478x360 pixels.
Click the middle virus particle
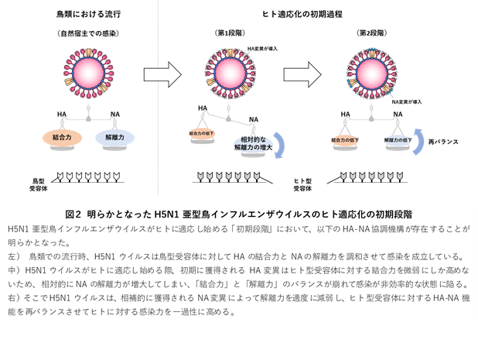pos(230,72)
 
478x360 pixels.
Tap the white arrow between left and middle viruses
pos(162,74)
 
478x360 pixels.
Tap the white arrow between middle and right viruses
pos(302,74)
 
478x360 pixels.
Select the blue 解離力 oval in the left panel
pos(114,138)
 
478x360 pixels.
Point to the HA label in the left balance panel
pos(63,115)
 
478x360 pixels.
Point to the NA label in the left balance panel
pos(114,115)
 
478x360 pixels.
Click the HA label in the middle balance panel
pos(202,108)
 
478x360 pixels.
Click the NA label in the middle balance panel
pos(254,119)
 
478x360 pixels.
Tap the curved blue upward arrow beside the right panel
pos(418,142)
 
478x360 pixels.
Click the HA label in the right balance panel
pos(345,114)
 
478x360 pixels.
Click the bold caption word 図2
pos(76,213)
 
